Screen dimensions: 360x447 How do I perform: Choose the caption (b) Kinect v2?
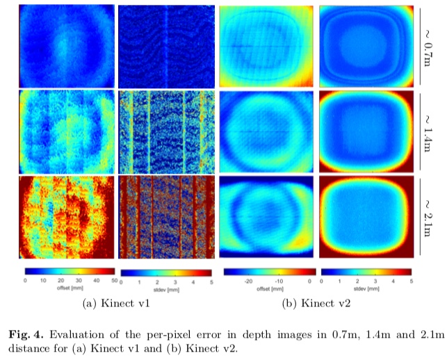click(317, 304)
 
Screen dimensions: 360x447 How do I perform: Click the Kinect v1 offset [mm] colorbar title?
click(67, 287)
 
